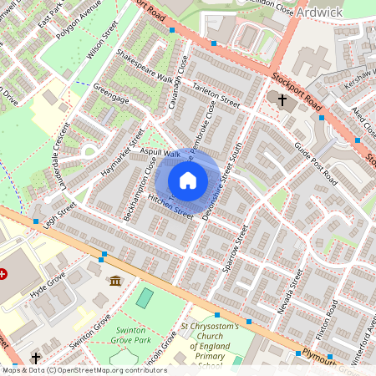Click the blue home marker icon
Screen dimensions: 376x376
[x=188, y=180]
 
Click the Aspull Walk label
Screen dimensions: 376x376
[x=160, y=153]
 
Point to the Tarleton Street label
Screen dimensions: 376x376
[x=216, y=97]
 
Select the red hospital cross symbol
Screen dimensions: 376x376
[x=4, y=274]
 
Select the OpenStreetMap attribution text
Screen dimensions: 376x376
[x=84, y=370]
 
